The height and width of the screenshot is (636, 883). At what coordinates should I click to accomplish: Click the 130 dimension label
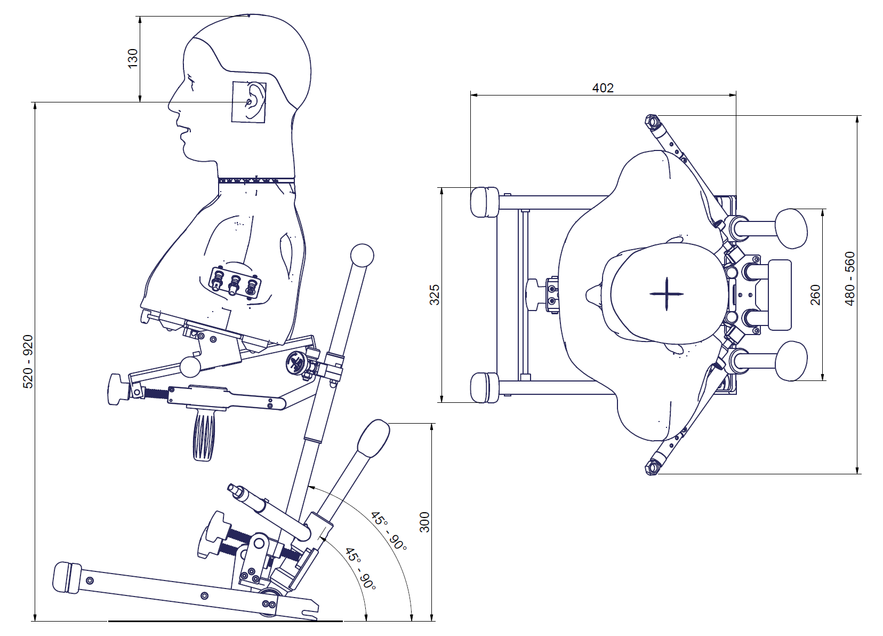(133, 58)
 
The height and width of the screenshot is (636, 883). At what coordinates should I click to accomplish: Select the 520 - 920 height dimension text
(28, 362)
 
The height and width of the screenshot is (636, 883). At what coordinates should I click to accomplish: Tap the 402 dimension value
(603, 88)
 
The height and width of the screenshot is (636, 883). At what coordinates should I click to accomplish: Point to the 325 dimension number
(434, 295)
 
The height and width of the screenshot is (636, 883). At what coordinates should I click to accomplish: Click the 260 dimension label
(815, 295)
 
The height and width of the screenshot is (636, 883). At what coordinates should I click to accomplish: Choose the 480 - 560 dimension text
(850, 279)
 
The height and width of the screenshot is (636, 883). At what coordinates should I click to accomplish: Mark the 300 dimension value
(424, 522)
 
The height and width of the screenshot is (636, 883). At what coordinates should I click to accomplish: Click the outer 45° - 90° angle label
(389, 531)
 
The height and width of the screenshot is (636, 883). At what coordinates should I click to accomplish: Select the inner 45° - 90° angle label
(360, 569)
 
